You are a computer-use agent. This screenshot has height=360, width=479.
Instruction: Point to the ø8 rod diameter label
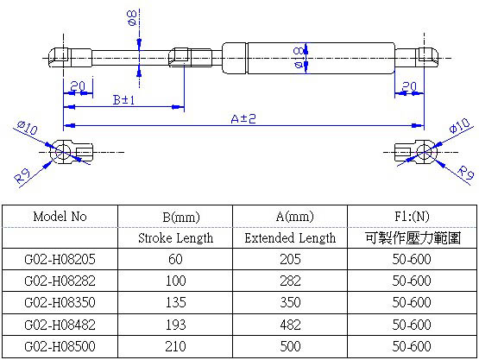131,18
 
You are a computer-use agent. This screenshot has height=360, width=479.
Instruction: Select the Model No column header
60,216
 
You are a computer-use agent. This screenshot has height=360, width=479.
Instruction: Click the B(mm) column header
175,216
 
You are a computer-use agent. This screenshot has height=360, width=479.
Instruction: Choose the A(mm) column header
290,216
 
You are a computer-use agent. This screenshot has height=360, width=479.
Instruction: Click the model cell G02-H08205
60,259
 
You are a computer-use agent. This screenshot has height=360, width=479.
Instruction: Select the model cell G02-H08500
60,345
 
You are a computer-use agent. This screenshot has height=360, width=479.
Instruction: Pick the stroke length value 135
175,302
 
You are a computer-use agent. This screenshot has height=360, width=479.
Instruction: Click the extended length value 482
290,324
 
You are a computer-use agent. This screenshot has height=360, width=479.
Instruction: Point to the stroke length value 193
175,324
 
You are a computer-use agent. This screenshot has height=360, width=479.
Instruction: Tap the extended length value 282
290,281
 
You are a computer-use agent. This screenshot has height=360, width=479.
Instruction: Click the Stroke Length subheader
175,237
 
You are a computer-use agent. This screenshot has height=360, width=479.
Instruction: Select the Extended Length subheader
290,237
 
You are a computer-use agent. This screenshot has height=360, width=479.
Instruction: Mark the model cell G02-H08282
60,281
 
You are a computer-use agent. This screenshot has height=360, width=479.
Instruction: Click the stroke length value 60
175,259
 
